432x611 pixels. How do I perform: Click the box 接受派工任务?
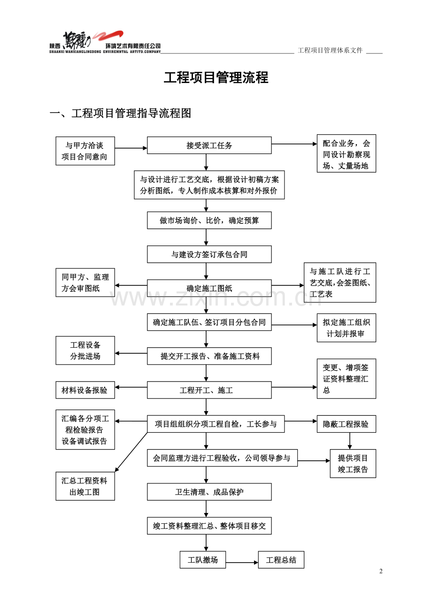pyautogui.click(x=209, y=145)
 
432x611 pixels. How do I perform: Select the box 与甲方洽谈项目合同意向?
pyautogui.click(x=85, y=151)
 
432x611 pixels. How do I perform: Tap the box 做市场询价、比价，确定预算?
pyautogui.click(x=209, y=221)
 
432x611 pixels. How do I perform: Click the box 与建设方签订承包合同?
pyautogui.click(x=209, y=254)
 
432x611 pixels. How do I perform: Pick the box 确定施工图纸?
pyautogui.click(x=209, y=289)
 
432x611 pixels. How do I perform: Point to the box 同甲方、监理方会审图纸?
pyautogui.click(x=85, y=283)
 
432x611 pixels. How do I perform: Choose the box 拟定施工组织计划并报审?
pyautogui.click(x=346, y=328)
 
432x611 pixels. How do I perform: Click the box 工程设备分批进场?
pyautogui.click(x=85, y=351)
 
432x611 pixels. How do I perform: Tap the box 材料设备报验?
pyautogui.click(x=85, y=390)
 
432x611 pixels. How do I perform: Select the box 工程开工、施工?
pyautogui.click(x=209, y=390)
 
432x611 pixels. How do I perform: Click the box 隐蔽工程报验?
pyautogui.click(x=346, y=424)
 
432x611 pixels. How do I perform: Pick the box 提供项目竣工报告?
pyautogui.click(x=353, y=464)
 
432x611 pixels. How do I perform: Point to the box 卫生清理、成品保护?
pyautogui.click(x=209, y=492)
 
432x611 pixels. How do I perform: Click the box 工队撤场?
pyautogui.click(x=202, y=560)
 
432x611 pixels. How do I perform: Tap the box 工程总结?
pyautogui.click(x=281, y=560)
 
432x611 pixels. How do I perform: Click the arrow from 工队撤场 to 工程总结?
pyautogui.click(x=242, y=562)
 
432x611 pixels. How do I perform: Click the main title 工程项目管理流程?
pyautogui.click(x=216, y=77)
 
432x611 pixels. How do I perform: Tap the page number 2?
pyautogui.click(x=381, y=571)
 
